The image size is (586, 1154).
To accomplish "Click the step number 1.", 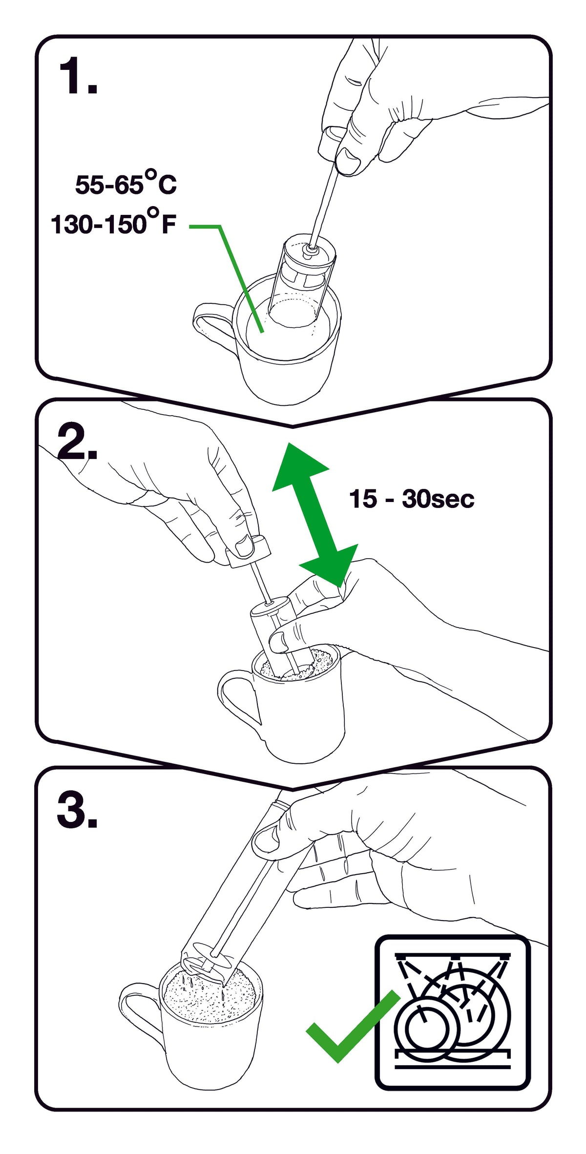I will (77, 76).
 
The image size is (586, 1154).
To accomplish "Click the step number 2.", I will (77, 442).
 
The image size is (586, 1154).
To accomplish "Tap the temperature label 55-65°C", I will (126, 184).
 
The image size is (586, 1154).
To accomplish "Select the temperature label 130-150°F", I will (113, 224).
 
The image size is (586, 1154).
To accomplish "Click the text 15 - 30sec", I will (411, 499).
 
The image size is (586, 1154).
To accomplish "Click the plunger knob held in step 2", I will (248, 552).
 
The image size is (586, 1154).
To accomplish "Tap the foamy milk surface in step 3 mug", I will (210, 996).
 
